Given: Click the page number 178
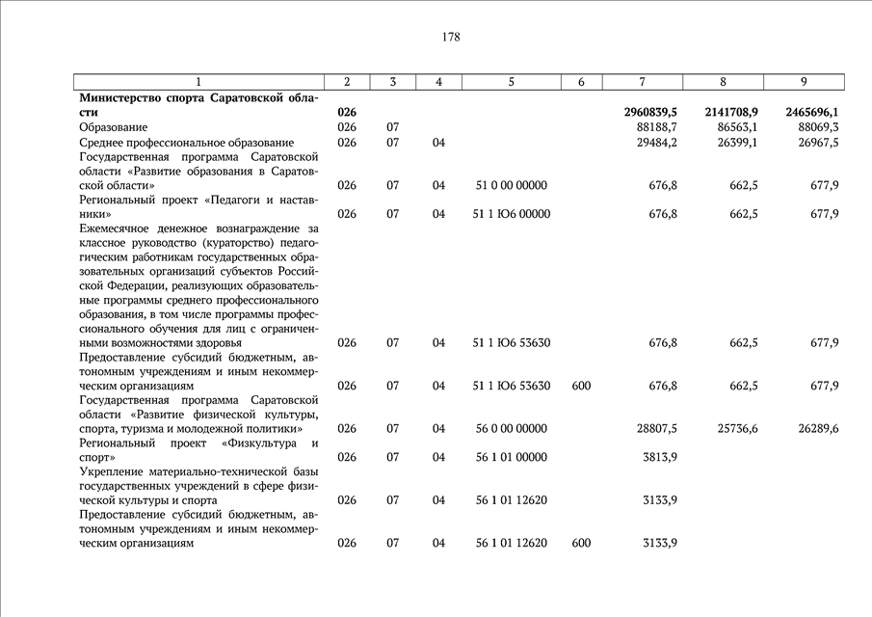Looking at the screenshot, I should click(x=451, y=38).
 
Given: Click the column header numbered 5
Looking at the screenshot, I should click(x=511, y=82).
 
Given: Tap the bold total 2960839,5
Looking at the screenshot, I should click(x=650, y=113).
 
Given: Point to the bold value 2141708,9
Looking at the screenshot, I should click(x=730, y=113).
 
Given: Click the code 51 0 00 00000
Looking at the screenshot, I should click(x=511, y=185).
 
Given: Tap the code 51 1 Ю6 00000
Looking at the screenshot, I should click(x=511, y=214).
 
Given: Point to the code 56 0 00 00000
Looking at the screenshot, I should click(x=511, y=428).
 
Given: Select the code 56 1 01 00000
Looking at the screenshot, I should click(x=511, y=457).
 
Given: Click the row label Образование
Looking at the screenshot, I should click(x=113, y=127).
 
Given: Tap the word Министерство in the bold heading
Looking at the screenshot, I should click(x=119, y=98).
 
